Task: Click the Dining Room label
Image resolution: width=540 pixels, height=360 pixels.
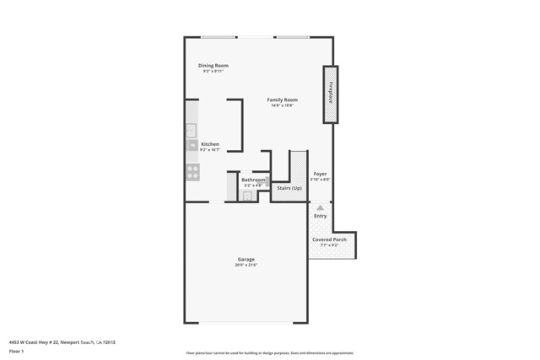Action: click(x=213, y=65)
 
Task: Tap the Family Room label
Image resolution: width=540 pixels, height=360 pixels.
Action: click(x=282, y=99)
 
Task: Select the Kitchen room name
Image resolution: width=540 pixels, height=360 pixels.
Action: click(x=210, y=144)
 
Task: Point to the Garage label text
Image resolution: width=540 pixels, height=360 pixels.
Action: click(x=246, y=259)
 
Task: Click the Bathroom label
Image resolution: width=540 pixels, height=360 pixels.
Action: click(x=253, y=180)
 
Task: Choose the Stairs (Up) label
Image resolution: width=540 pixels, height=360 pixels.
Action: click(x=289, y=188)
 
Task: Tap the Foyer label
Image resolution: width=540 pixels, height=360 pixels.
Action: click(x=320, y=174)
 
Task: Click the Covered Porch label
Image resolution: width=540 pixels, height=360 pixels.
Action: click(x=329, y=239)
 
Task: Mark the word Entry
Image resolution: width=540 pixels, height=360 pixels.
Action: click(x=320, y=216)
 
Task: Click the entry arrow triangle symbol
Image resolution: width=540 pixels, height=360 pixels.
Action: click(x=320, y=207)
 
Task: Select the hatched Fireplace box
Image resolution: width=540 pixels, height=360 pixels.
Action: click(x=331, y=94)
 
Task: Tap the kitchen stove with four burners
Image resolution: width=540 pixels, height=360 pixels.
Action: click(x=192, y=172)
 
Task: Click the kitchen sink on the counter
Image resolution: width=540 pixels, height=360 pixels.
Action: click(x=192, y=130)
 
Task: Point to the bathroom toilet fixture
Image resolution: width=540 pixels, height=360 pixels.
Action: click(x=247, y=196)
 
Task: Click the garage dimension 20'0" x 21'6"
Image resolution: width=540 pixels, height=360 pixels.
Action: click(x=246, y=265)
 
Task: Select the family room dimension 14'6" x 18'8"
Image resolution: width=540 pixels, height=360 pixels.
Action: click(x=282, y=105)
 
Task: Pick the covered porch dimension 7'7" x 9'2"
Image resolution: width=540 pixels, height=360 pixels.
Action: click(x=329, y=245)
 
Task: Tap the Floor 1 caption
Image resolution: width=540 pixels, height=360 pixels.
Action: click(x=17, y=352)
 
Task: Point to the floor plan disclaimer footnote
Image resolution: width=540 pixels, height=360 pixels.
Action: click(x=269, y=353)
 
